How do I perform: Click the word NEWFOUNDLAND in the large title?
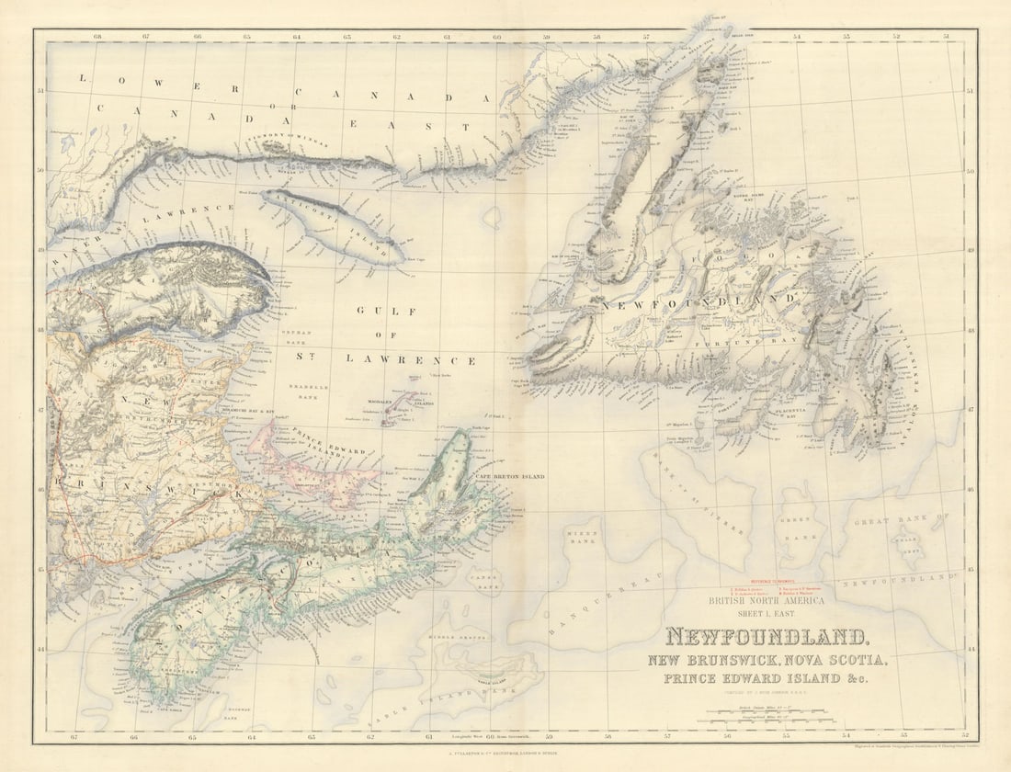click(766, 636)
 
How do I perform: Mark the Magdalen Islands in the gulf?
click(402, 408)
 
